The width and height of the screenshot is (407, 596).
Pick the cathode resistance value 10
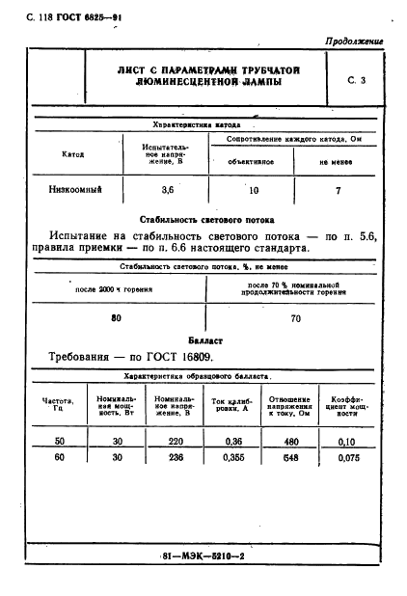coord(254,190)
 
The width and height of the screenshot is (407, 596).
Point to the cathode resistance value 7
coord(338,190)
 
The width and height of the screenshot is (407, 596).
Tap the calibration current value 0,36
coord(228,441)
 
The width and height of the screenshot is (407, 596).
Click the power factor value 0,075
coord(346,459)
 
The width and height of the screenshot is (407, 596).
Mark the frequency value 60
coord(59,459)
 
